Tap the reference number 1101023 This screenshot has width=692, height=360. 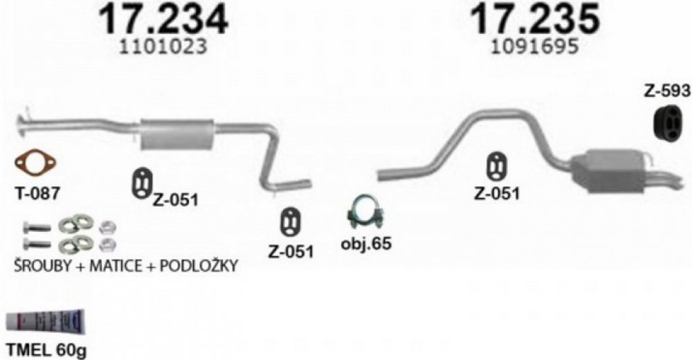tap(163, 46)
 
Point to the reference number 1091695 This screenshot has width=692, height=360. tap(534, 46)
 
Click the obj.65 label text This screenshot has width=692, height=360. tap(366, 244)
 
